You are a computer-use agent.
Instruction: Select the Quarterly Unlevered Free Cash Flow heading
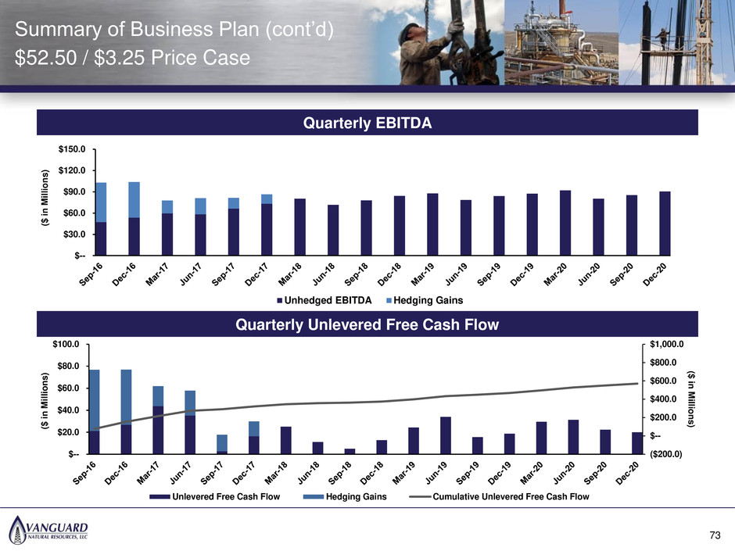pyautogui.click(x=366, y=325)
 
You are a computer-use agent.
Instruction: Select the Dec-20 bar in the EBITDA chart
pyautogui.click(x=664, y=224)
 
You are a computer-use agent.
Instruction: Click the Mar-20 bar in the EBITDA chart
pyautogui.click(x=565, y=223)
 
